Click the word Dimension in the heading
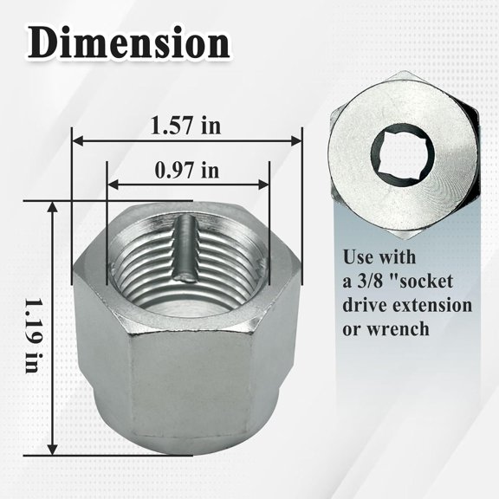tap(128, 44)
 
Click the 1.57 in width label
tap(185, 126)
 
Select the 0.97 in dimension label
tap(186, 169)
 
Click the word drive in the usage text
tap(364, 306)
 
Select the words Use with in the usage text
tap(379, 258)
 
